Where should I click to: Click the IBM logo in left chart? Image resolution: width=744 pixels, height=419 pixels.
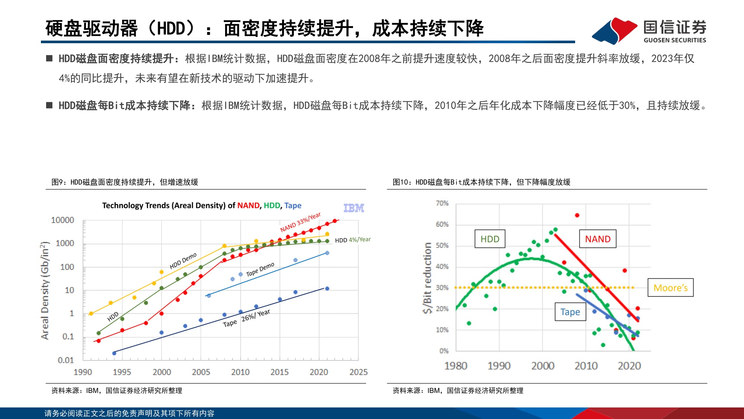[353, 208]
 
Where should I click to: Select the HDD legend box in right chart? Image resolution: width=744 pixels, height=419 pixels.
[490, 239]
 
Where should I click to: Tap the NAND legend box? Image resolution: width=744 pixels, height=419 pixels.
[597, 239]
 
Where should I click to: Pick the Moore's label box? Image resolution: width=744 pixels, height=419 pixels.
[670, 288]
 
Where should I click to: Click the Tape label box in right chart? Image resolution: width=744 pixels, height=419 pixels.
[570, 312]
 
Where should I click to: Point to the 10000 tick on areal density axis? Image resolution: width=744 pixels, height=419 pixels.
[62, 220]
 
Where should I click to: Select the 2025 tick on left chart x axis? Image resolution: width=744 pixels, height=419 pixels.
[358, 372]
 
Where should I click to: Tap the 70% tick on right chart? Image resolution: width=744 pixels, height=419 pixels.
[442, 203]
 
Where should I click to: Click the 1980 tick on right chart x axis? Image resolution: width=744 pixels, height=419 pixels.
[456, 366]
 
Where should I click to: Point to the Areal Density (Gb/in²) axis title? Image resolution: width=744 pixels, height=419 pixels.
[45, 291]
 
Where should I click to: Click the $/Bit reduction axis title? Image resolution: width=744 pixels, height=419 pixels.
[427, 278]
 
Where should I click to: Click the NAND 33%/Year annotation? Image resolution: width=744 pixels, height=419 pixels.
[300, 222]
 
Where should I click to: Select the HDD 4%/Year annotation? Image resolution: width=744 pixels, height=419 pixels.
[353, 240]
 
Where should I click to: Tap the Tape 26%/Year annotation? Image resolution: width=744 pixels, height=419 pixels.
[246, 318]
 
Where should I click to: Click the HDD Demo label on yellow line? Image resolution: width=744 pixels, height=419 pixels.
[183, 261]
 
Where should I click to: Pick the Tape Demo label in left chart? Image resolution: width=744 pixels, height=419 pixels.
[260, 269]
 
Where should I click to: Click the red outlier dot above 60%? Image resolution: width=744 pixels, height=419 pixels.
[577, 215]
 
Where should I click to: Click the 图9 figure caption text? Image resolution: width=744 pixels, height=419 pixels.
[125, 182]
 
